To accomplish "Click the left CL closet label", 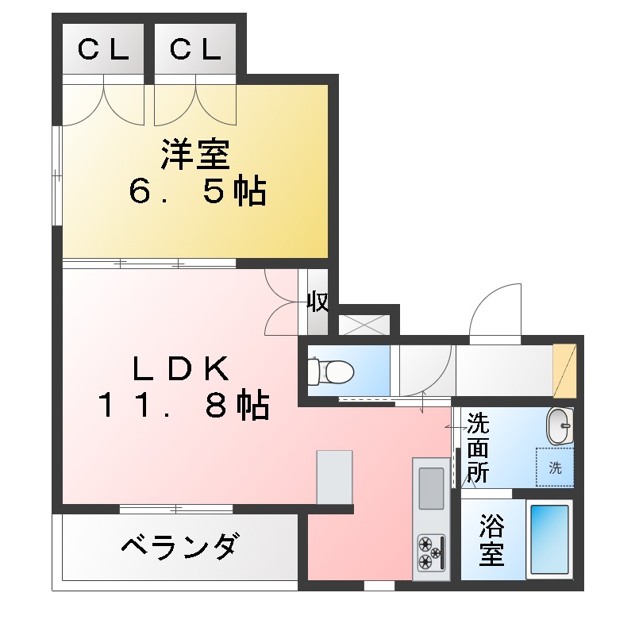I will [103, 50].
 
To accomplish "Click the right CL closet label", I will [195, 50].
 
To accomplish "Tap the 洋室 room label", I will [195, 155].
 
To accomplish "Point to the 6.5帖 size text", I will [198, 191].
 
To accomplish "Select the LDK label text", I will [180, 368].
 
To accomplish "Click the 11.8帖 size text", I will [183, 406].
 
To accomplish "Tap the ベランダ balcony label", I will [179, 547].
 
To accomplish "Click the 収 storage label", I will [318, 302].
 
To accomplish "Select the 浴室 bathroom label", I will [491, 539].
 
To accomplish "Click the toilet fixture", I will [330, 370].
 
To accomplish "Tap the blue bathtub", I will [549, 539].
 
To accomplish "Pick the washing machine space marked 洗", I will [555, 468].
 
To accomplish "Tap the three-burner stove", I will [431, 552].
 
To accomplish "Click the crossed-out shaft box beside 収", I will [364, 324].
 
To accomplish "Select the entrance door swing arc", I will [494, 310].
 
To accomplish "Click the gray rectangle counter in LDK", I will [334, 476].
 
